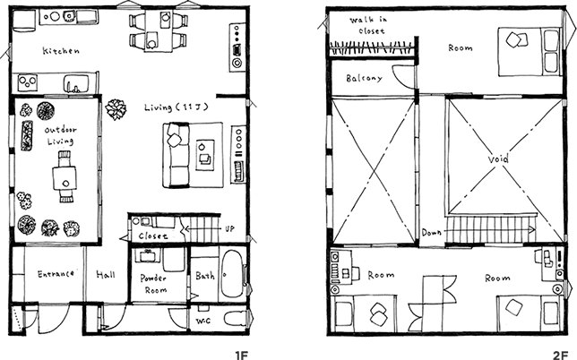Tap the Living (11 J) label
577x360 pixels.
click(x=176, y=107)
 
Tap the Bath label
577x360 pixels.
click(x=205, y=277)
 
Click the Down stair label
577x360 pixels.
click(x=431, y=233)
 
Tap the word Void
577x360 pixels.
click(x=497, y=159)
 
